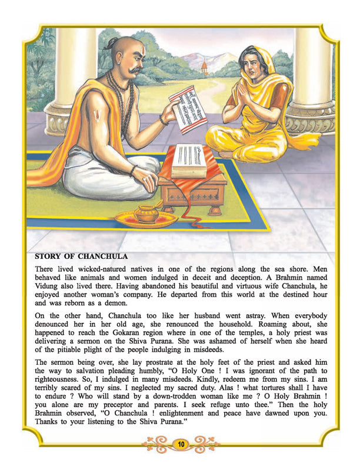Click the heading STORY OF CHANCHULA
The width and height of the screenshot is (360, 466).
click(81, 257)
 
